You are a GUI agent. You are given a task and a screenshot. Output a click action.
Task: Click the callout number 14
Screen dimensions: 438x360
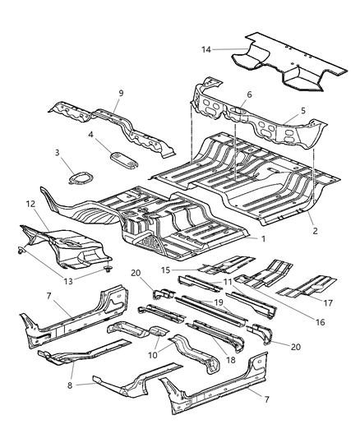point(207,49)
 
